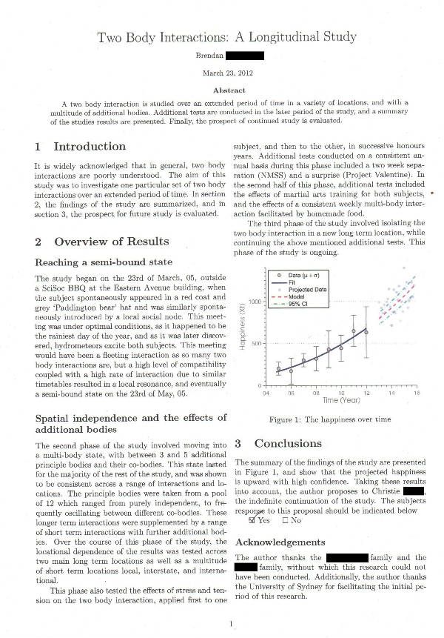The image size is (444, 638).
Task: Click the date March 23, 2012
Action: (x=228, y=73)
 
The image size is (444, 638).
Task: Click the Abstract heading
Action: (x=228, y=90)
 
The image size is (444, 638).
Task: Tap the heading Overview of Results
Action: (x=102, y=242)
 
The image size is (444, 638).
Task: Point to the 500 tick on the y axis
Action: (x=257, y=344)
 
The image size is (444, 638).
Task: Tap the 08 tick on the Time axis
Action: (x=315, y=394)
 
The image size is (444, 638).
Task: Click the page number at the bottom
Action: (x=231, y=624)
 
